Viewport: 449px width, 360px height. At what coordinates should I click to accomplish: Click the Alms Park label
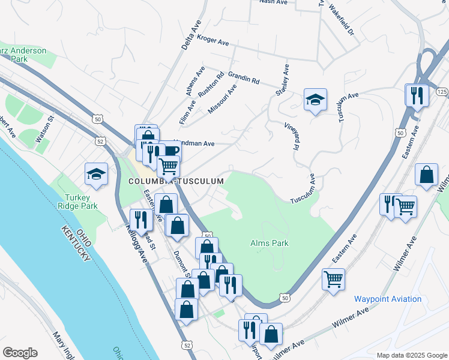click(x=270, y=243)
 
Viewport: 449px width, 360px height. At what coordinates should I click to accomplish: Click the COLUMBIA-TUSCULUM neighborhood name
click(x=176, y=181)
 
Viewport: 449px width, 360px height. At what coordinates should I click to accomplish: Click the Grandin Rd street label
click(x=243, y=77)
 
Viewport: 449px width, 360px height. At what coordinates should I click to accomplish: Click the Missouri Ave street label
click(x=222, y=99)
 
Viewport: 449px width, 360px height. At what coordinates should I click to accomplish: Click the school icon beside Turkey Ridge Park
click(x=96, y=174)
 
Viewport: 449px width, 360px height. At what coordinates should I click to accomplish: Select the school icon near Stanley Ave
click(x=315, y=100)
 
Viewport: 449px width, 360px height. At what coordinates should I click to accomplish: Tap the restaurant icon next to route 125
click(x=415, y=94)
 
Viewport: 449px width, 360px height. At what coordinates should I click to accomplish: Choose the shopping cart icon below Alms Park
click(x=334, y=279)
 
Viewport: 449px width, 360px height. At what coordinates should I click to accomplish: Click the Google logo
click(x=20, y=353)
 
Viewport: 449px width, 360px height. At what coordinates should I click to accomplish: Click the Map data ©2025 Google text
click(x=412, y=355)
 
